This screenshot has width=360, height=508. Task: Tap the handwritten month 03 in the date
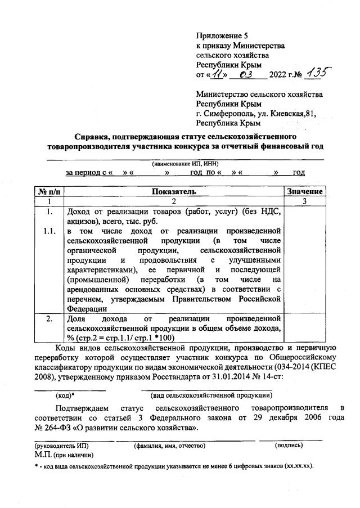(x=245, y=74)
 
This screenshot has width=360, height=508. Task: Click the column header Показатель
(x=174, y=191)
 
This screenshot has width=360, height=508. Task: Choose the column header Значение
(x=304, y=191)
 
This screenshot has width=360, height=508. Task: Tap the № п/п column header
(x=49, y=191)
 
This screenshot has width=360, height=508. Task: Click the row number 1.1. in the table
(x=49, y=232)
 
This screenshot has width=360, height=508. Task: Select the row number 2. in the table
(x=49, y=319)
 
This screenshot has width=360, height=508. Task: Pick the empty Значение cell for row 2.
(x=304, y=328)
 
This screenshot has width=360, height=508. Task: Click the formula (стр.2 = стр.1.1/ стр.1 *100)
(x=120, y=338)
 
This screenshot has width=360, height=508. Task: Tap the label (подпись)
(x=289, y=445)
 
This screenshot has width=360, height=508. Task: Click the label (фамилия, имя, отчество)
(x=169, y=445)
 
